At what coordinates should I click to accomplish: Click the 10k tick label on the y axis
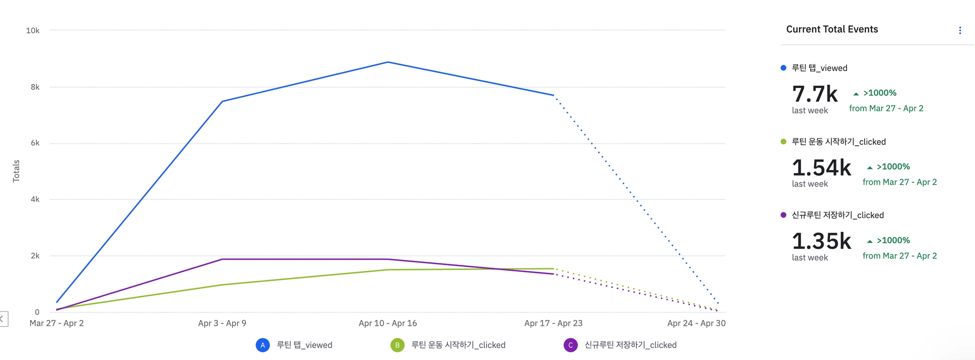pos(33,30)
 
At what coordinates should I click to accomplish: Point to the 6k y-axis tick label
pos(35,143)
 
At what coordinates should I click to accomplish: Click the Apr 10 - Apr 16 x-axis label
pos(388,323)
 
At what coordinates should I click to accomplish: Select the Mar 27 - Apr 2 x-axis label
pos(57,323)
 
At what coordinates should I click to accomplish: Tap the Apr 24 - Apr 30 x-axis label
pos(696,323)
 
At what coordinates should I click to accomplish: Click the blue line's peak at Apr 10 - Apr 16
pos(388,62)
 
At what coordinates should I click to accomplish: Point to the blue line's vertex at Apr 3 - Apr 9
pos(222,101)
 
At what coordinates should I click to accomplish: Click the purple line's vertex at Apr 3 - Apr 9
pos(222,259)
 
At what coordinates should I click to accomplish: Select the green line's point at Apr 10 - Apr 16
pos(388,270)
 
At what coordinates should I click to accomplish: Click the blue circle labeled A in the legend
pos(263,345)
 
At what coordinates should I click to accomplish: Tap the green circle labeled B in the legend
pos(398,345)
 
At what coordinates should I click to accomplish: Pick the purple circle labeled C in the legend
pos(570,345)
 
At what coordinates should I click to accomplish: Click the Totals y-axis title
pos(16,171)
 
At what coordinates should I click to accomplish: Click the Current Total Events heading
pos(832,30)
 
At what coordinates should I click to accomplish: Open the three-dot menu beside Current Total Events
pos(960,30)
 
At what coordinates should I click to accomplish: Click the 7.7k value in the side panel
pos(815,94)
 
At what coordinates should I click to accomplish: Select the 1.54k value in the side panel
pos(821,168)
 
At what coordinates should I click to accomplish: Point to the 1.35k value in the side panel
pos(821,241)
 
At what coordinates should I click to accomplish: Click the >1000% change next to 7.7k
pos(879,93)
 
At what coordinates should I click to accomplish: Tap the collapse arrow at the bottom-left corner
pos(2,319)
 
